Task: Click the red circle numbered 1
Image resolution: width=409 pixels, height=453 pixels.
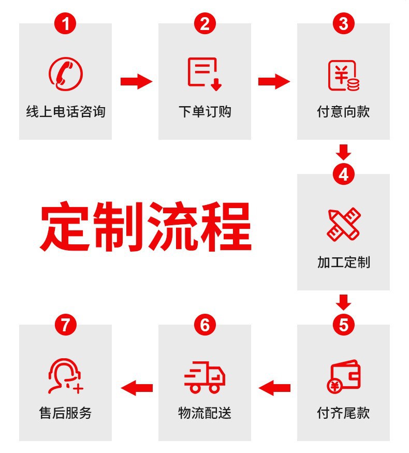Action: coord(65,23)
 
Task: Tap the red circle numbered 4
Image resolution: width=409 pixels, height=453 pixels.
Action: coord(343,174)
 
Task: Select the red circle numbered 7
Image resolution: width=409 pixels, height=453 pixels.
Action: coord(65,325)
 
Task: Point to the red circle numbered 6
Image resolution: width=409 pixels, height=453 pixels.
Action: coord(204,325)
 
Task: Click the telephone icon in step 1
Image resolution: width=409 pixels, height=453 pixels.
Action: coord(65,73)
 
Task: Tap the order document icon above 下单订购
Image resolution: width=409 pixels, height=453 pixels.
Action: coord(203,73)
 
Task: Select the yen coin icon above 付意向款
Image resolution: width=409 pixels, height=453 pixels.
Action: coord(343,76)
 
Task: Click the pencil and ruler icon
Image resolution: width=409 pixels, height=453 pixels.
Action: coord(343,224)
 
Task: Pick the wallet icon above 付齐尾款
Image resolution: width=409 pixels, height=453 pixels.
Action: coord(343,376)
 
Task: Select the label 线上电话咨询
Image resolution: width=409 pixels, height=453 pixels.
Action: coord(65,111)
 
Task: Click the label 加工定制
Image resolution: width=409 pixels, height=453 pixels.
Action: coord(343,262)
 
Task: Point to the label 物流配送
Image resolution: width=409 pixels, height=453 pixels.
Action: coord(204,413)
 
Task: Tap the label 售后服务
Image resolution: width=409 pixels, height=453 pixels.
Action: coord(65,413)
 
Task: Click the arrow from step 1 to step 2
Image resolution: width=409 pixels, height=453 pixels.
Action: coord(136,81)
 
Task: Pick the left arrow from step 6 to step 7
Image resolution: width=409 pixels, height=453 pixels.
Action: coord(136,387)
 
